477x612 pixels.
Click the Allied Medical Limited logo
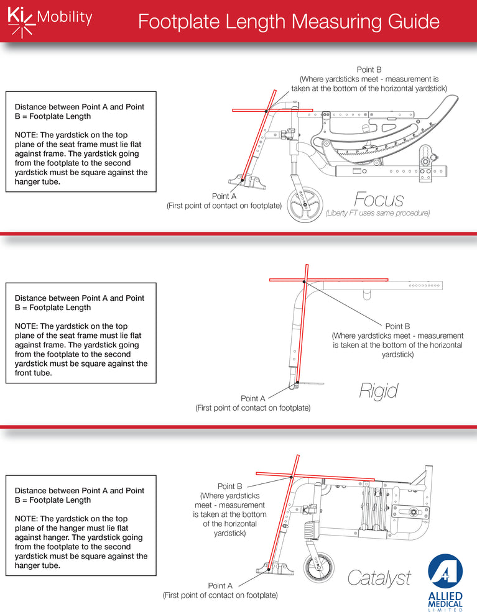445,582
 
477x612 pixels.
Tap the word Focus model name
379,199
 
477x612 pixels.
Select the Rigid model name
378,390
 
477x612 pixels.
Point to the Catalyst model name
379,578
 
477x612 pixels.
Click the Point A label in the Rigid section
253,398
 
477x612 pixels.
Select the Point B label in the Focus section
369,70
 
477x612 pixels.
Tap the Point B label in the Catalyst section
229,486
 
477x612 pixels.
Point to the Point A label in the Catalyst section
220,585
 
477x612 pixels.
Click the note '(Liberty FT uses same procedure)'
377,213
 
